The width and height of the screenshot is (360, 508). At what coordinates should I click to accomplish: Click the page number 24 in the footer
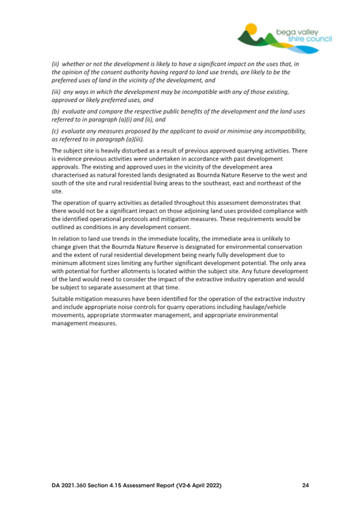(305, 486)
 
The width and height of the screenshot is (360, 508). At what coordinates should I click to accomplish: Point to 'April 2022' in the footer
(203, 486)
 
